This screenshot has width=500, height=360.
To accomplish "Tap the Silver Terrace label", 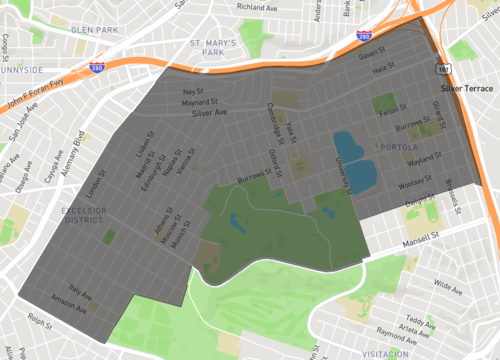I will pyautogui.click(x=466, y=88).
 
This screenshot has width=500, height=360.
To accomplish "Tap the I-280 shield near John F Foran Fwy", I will pyautogui.click(x=97, y=68).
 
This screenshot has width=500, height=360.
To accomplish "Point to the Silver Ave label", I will pyautogui.click(x=210, y=113).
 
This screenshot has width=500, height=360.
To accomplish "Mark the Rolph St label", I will pyautogui.click(x=41, y=322).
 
